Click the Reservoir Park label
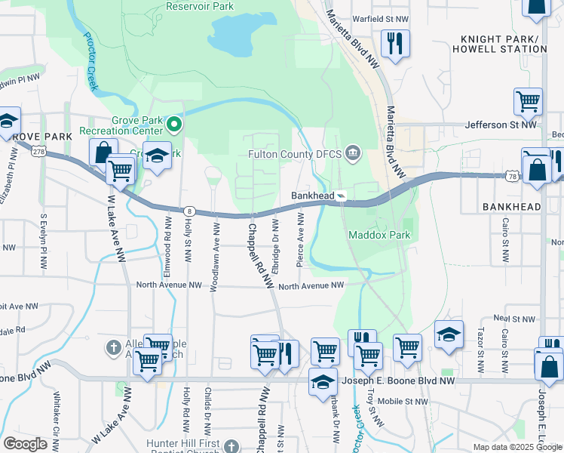(199, 7)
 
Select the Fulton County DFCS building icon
(353, 155)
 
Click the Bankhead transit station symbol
(342, 196)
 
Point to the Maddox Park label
(379, 235)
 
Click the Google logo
(25, 444)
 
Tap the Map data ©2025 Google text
(517, 447)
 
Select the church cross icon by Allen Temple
(113, 348)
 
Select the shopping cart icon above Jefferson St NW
(528, 101)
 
